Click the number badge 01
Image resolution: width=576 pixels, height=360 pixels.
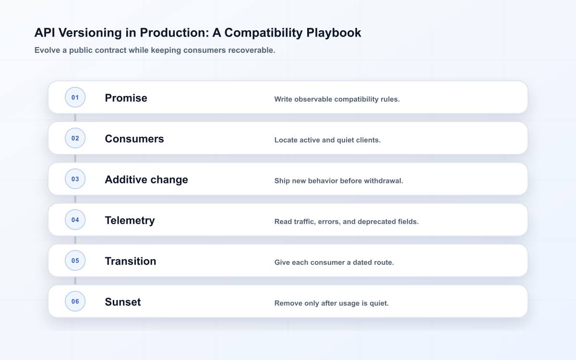(x=75, y=97)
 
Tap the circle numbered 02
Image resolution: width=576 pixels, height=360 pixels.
(x=75, y=138)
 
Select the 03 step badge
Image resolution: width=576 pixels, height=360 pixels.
(x=75, y=179)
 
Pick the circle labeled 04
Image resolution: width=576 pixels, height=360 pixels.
(x=75, y=220)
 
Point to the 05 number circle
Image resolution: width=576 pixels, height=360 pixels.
(x=75, y=261)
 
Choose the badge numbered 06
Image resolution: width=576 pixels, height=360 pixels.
(x=75, y=301)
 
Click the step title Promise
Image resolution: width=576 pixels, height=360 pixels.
(x=126, y=98)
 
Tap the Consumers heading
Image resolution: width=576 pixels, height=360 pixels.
(x=134, y=139)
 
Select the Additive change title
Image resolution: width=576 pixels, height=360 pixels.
(x=146, y=180)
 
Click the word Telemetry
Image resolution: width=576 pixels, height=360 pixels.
(x=130, y=220)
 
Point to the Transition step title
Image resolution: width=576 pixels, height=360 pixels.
(x=131, y=261)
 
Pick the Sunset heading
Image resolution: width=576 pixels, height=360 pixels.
(x=123, y=302)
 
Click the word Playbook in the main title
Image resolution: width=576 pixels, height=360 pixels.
(x=334, y=33)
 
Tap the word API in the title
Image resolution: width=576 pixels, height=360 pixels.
(x=45, y=33)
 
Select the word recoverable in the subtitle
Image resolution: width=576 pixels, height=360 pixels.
(x=252, y=50)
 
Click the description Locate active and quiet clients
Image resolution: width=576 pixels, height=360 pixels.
(x=327, y=140)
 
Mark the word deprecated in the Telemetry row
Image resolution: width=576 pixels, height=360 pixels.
(x=376, y=222)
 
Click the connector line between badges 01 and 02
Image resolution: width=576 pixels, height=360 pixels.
(x=75, y=118)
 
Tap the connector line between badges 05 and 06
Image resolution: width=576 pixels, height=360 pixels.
(x=75, y=281)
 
